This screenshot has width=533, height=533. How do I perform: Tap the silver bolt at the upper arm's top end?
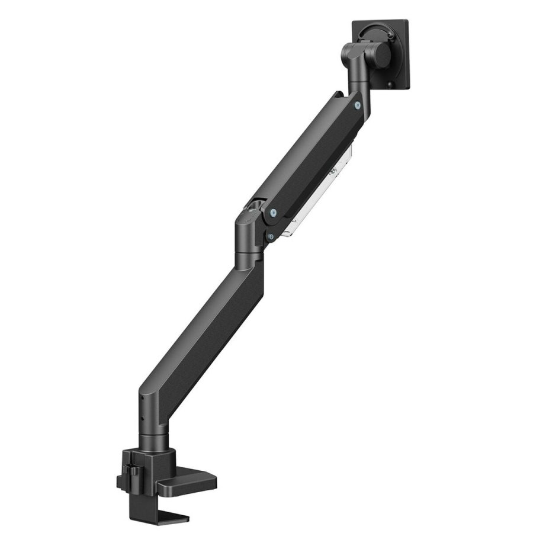pyautogui.click(x=357, y=105)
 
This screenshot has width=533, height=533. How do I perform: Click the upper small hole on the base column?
pyautogui.click(x=143, y=406)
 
